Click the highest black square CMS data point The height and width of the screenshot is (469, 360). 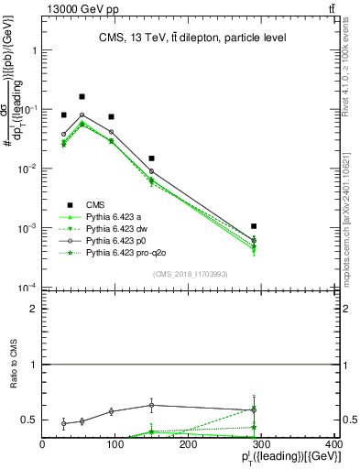82,96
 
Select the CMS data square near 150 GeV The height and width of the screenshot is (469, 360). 151,158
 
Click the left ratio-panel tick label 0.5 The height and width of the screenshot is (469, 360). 29,420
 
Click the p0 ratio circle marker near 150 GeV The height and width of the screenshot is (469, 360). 151,405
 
